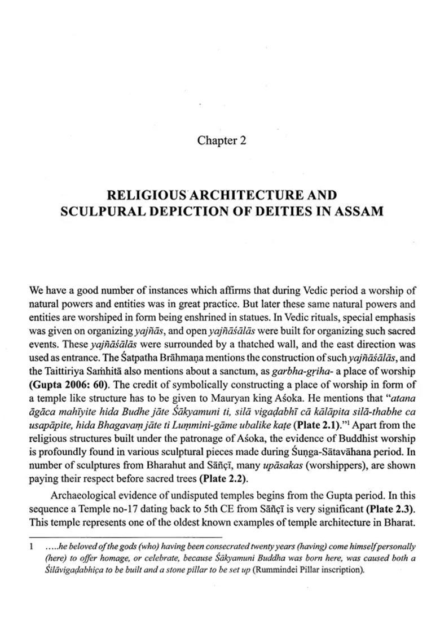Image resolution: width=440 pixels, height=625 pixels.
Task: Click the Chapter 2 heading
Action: click(221, 140)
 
